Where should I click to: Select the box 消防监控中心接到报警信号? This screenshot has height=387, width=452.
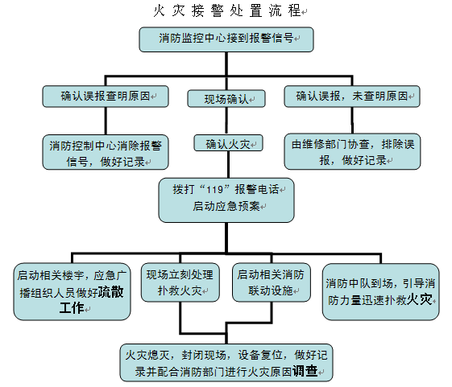[226, 39]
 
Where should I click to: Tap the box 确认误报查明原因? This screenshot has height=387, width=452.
[106, 96]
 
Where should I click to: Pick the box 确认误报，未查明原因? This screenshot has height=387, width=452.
[352, 96]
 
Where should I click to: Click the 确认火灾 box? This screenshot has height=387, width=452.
[226, 144]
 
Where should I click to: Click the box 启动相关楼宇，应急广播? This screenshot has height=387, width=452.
[72, 290]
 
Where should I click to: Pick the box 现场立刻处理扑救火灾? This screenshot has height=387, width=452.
[180, 282]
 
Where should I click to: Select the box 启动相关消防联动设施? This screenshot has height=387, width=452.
[271, 282]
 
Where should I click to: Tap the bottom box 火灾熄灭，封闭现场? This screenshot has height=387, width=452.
[226, 362]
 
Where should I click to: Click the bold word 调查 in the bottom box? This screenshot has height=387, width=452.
[307, 371]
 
